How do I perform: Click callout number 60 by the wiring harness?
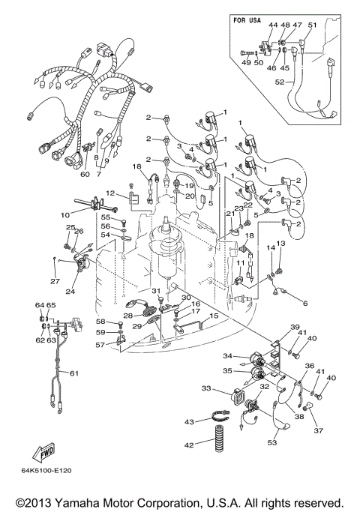85,174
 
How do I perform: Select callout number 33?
206,388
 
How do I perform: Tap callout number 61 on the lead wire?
74,373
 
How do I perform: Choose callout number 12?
109,193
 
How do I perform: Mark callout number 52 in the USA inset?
278,82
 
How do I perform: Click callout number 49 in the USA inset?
244,63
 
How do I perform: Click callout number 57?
100,346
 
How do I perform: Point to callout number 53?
271,442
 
